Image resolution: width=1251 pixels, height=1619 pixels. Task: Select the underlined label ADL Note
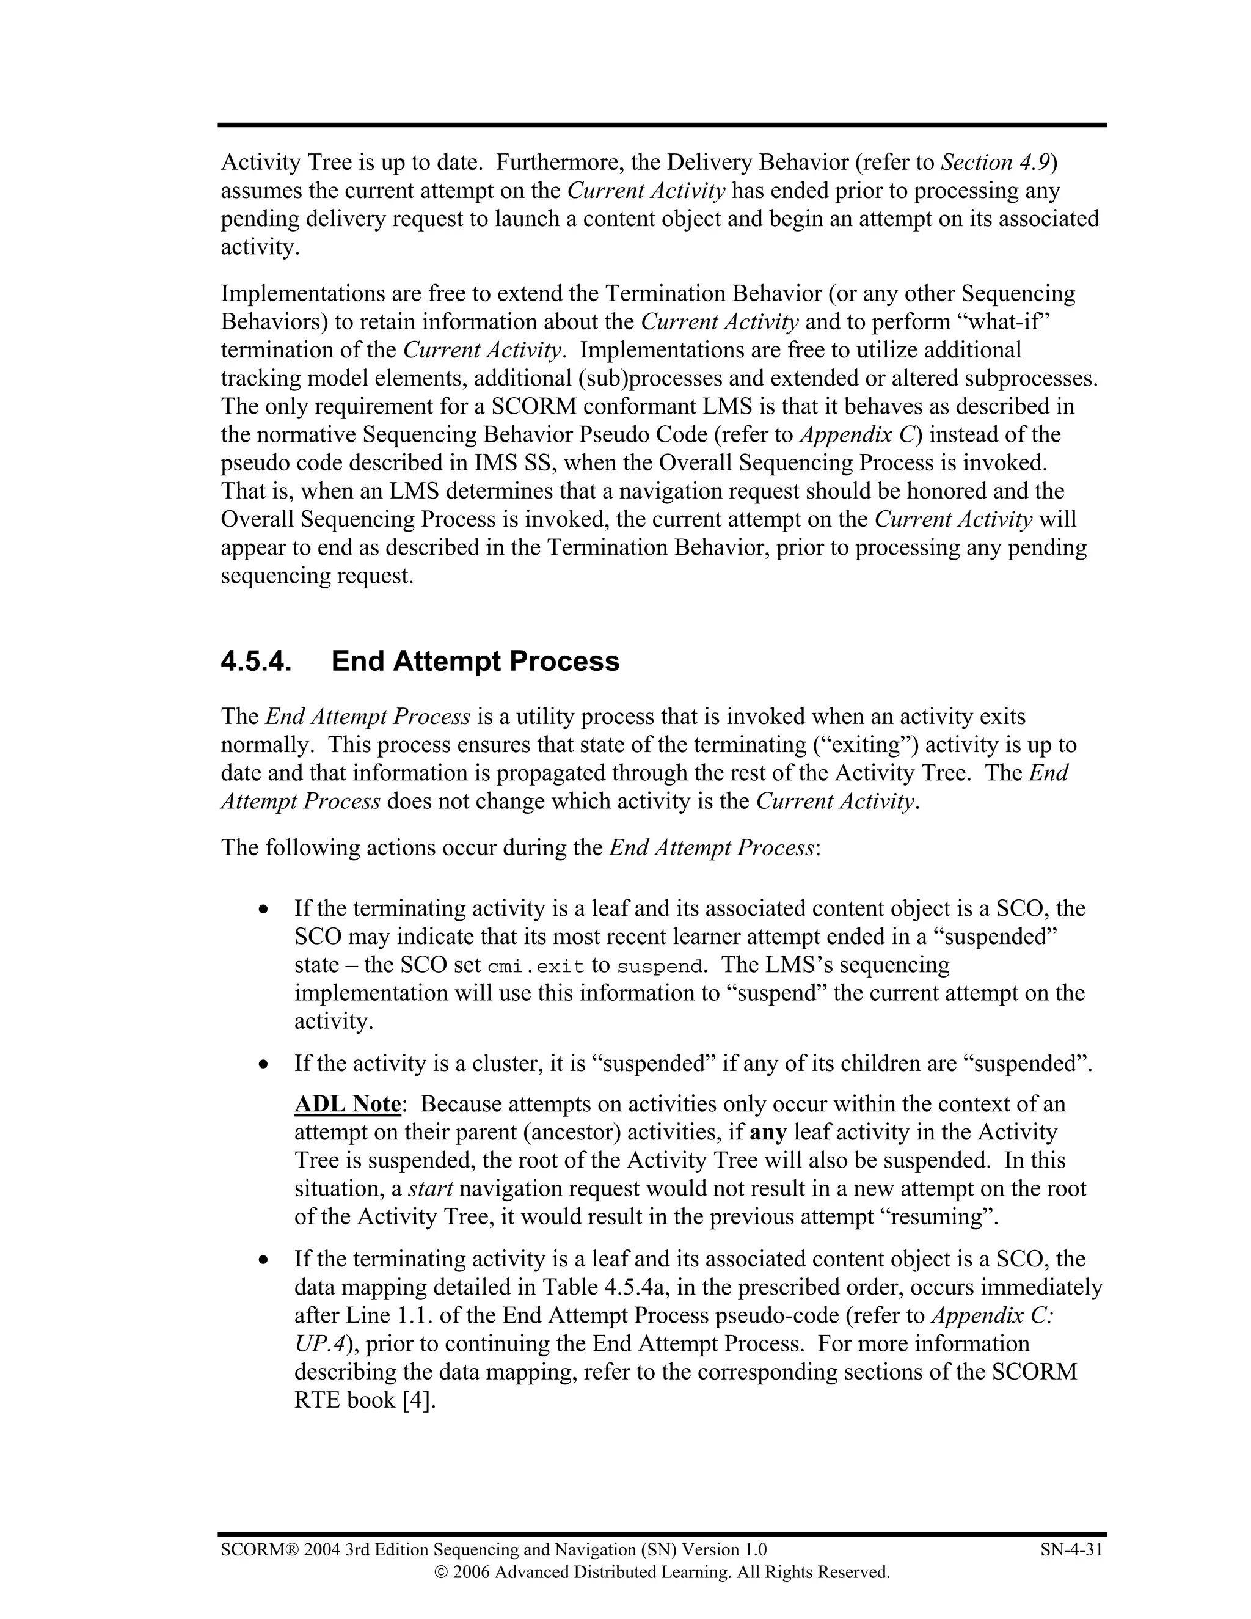pos(348,1104)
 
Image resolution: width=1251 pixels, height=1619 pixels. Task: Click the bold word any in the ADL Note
pos(768,1132)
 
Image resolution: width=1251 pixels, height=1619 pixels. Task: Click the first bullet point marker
pos(263,910)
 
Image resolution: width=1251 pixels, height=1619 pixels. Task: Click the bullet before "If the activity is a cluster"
pos(263,1064)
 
